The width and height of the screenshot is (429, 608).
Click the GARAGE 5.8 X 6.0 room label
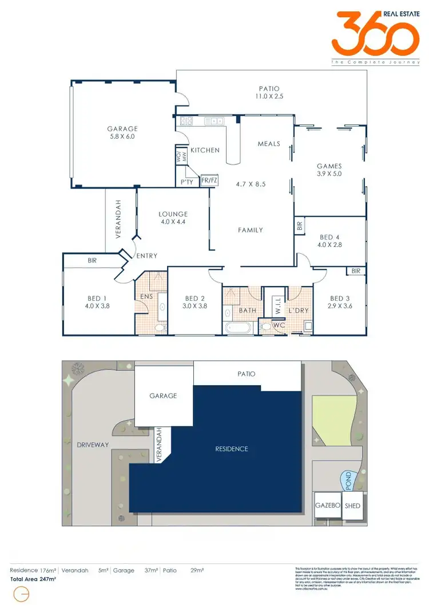click(122, 133)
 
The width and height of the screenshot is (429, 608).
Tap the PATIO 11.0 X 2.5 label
click(268, 93)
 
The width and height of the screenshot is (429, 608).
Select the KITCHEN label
click(205, 150)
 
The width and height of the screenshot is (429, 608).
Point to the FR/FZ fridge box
click(209, 181)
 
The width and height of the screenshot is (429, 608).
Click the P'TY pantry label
click(186, 181)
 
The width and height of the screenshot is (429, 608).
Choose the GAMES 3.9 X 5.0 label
click(329, 170)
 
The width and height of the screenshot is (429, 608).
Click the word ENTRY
click(146, 256)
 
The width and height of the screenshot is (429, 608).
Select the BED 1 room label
click(97, 302)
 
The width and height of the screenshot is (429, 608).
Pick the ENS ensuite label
click(146, 296)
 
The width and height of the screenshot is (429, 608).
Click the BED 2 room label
click(195, 302)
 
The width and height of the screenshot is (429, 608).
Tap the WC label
click(279, 325)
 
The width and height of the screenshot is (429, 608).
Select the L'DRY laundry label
click(299, 310)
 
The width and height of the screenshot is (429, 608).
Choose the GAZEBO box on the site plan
click(328, 506)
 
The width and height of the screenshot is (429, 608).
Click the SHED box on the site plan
click(352, 506)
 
